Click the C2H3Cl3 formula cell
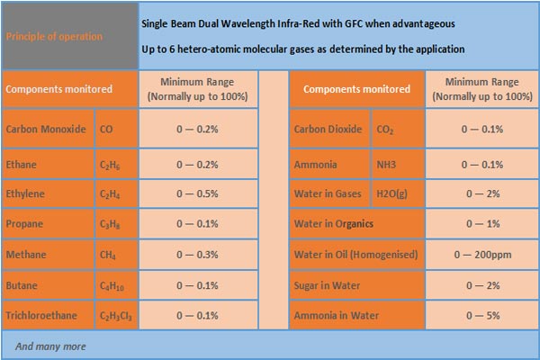tap(115, 316)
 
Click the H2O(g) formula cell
tap(391, 193)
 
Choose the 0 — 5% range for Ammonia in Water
tap(481, 316)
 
